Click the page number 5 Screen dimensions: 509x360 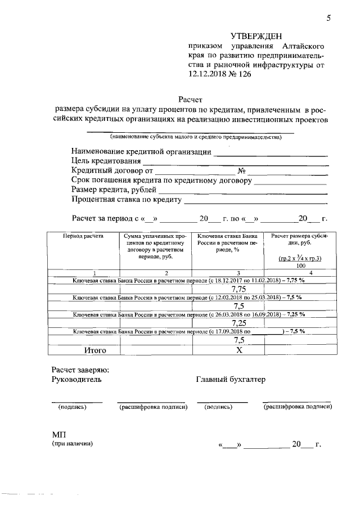[328, 18]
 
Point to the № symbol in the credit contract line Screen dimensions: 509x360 [241, 172]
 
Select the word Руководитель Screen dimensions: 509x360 [76, 380]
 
